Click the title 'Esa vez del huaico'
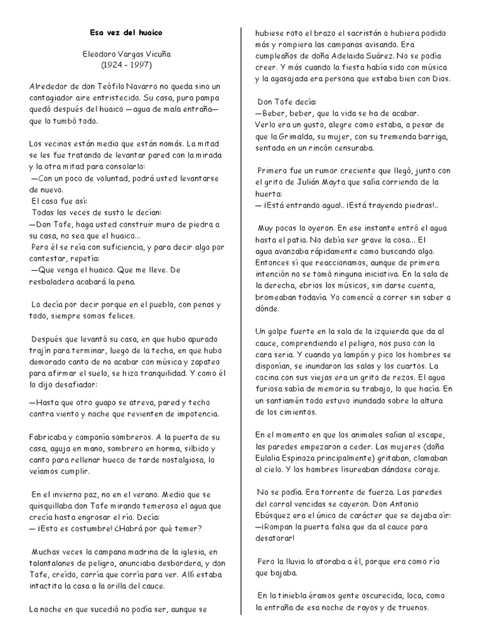click(x=127, y=31)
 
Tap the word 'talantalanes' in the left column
click(x=58, y=562)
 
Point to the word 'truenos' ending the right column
click(x=412, y=607)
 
